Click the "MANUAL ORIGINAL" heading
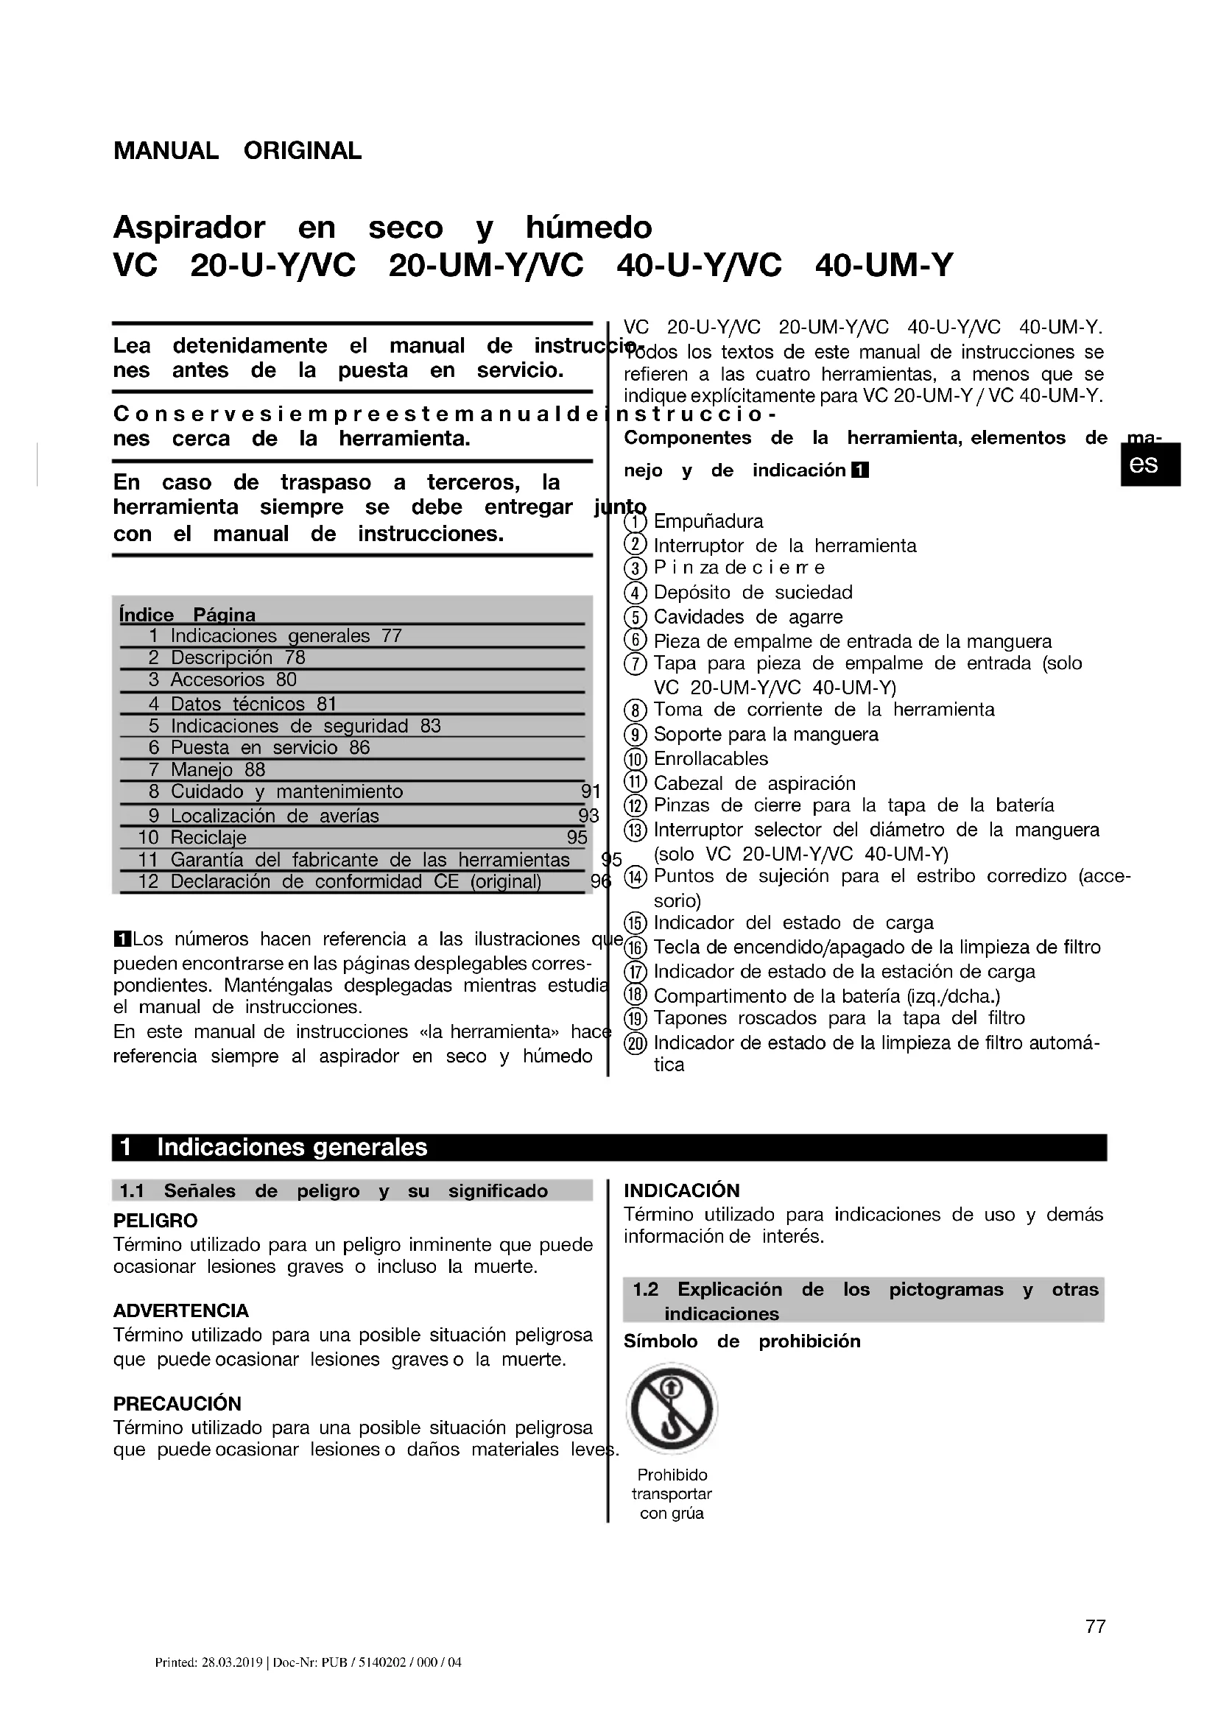237,151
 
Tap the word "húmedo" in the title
589,227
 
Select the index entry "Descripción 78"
221,657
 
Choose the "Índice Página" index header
188,615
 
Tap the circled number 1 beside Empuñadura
636,521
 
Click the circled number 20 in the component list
636,1043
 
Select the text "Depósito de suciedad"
753,593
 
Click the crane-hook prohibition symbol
672,1409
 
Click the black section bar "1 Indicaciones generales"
609,1148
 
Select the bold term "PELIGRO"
155,1220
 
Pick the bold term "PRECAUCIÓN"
177,1403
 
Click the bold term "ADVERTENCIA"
180,1310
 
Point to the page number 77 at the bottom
1095,1647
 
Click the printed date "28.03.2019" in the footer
231,1684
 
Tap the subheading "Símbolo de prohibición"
742,1341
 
